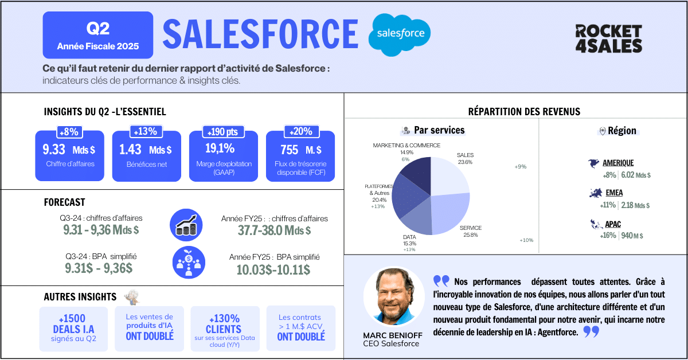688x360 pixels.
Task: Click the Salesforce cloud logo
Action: click(x=400, y=34)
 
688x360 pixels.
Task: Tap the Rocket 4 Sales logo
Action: click(x=608, y=38)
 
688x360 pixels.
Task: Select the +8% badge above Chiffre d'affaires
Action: click(x=69, y=132)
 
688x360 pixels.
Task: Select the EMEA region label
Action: click(x=613, y=193)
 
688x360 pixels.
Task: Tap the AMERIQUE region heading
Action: click(x=618, y=163)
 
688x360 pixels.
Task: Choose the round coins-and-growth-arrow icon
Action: click(x=187, y=225)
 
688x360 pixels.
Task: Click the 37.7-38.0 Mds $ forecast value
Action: click(x=274, y=231)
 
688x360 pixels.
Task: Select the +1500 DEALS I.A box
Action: click(x=73, y=328)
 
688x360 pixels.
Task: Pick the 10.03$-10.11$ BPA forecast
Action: click(x=274, y=269)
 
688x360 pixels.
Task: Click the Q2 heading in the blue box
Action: click(x=98, y=28)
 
